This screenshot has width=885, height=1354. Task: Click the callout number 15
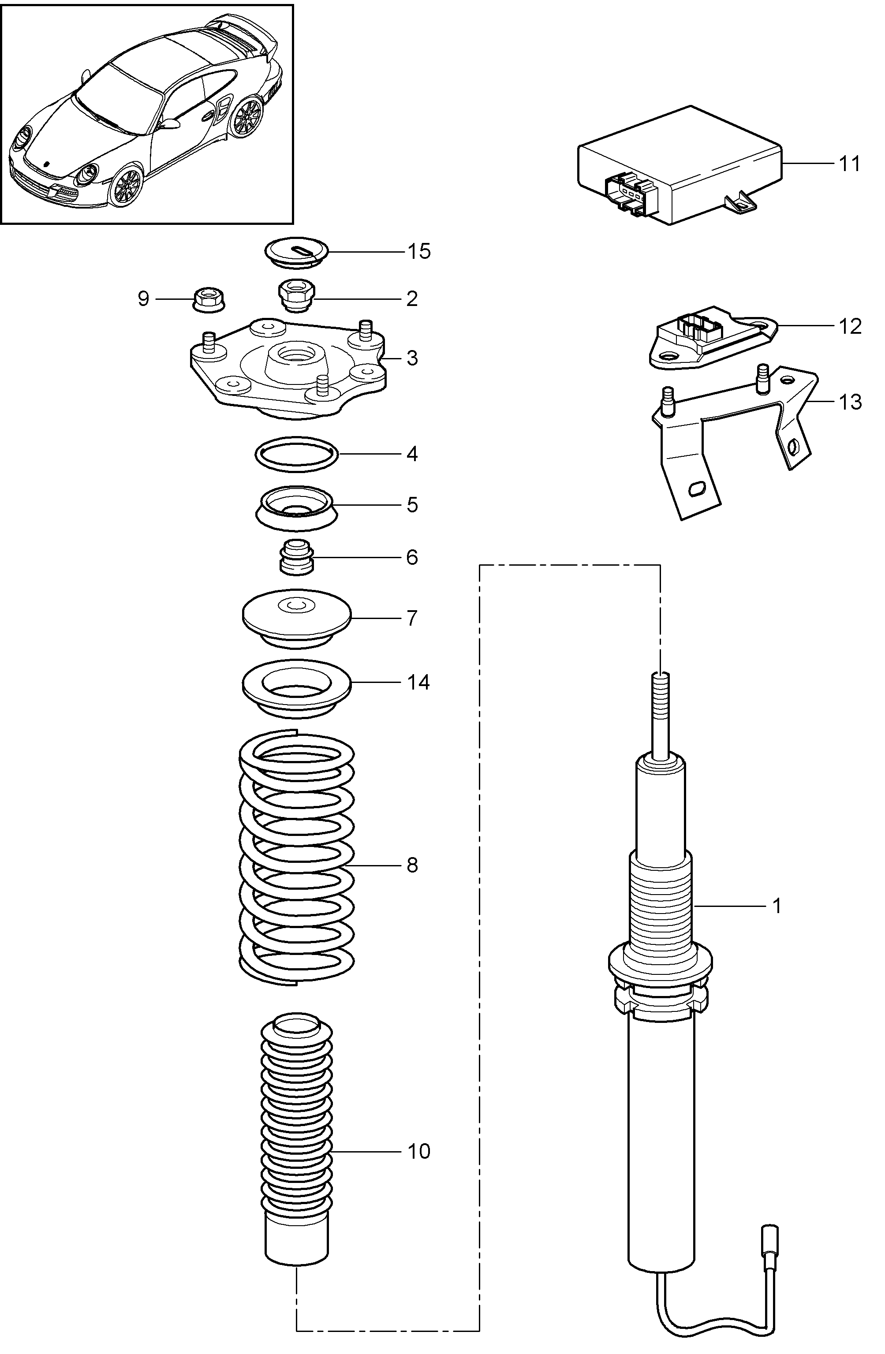click(x=418, y=251)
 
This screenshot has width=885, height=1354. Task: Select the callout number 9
click(x=143, y=298)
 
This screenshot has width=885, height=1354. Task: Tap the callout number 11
click(x=850, y=164)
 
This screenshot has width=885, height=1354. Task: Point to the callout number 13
click(x=850, y=402)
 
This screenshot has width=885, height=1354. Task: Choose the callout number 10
click(x=418, y=1152)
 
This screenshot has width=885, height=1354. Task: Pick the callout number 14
click(x=418, y=682)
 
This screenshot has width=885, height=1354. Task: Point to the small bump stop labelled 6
click(x=296, y=557)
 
